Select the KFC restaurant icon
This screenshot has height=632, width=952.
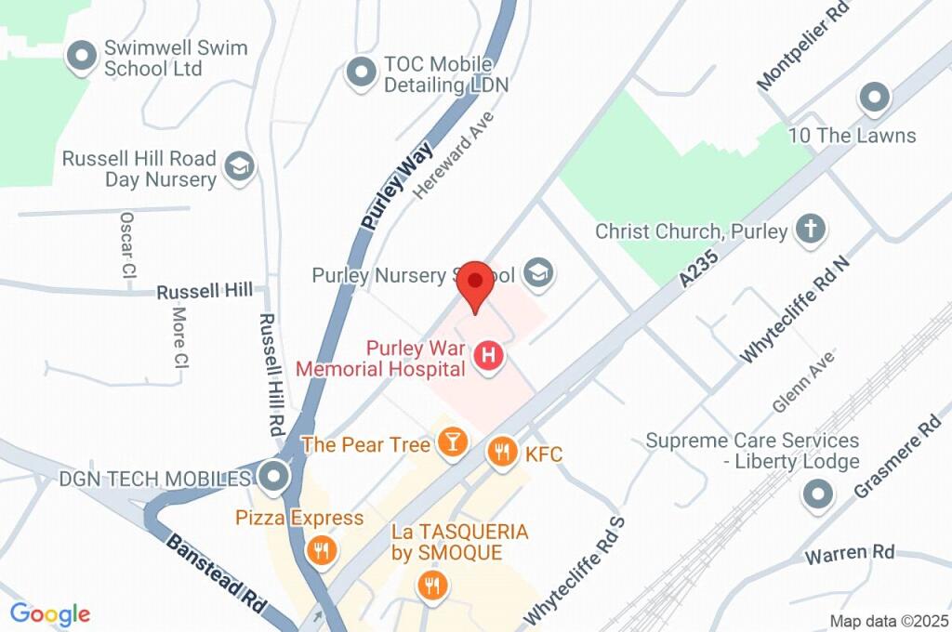[x=502, y=453]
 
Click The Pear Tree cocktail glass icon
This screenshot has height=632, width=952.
[x=452, y=443]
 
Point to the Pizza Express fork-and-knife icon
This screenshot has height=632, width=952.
[x=321, y=549]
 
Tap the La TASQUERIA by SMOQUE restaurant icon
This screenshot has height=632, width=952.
[x=432, y=586]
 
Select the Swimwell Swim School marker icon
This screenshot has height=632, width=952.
[x=83, y=57]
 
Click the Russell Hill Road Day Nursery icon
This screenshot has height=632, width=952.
[x=240, y=168]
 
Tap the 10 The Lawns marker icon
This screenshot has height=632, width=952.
[x=873, y=96]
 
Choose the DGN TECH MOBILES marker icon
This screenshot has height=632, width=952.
[x=273, y=478]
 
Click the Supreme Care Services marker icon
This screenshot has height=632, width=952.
[x=818, y=494]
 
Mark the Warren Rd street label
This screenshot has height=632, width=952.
[x=850, y=554]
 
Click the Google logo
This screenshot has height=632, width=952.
[x=50, y=613]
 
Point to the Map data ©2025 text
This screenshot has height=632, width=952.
[x=888, y=621]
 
